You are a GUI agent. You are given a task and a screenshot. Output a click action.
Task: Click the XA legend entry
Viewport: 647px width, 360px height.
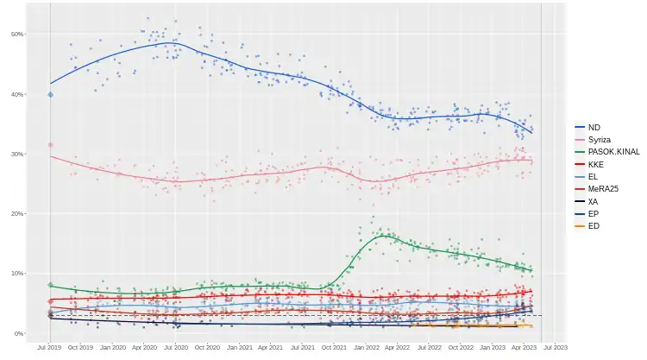point(593,201)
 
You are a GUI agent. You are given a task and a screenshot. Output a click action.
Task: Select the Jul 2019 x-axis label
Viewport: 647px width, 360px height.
point(50,348)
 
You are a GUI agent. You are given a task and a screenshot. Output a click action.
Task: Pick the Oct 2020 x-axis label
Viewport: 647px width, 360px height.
point(207,348)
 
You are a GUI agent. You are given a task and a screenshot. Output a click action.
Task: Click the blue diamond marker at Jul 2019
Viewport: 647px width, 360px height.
point(50,94)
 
